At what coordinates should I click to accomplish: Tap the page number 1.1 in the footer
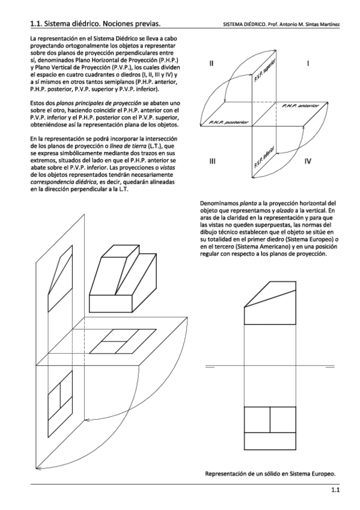click(x=335, y=491)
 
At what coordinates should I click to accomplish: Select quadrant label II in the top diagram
click(x=212, y=63)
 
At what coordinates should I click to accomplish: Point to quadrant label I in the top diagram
click(x=308, y=63)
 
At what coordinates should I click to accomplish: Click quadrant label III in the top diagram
click(x=213, y=161)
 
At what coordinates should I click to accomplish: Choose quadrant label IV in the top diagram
click(x=308, y=161)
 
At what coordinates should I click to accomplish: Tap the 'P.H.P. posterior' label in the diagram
click(x=228, y=122)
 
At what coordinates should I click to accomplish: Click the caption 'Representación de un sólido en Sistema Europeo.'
click(x=270, y=473)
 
